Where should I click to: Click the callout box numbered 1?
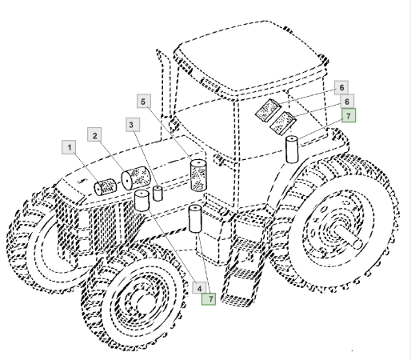pos(69,147)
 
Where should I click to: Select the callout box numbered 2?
pos(94,134)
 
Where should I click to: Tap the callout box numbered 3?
pos(133,125)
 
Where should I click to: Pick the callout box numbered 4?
pos(199,287)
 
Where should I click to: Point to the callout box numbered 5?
pos(144,101)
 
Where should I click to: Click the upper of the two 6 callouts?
pos(341,87)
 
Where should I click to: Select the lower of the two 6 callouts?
pos(347,102)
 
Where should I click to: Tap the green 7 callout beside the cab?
pos(349,115)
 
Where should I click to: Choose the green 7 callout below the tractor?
pos(209,298)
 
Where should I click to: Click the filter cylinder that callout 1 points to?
pos(106,186)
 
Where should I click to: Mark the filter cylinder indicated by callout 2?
pos(136,178)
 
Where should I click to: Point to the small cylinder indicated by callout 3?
pos(158,194)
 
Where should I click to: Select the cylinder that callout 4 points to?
pos(142,201)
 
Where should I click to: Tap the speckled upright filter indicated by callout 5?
pos(198,175)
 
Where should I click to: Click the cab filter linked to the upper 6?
pos(268,110)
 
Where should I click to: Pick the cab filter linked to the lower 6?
pos(283,123)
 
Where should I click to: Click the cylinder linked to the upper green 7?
pos(292,149)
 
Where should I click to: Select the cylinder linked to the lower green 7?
pos(195,218)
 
